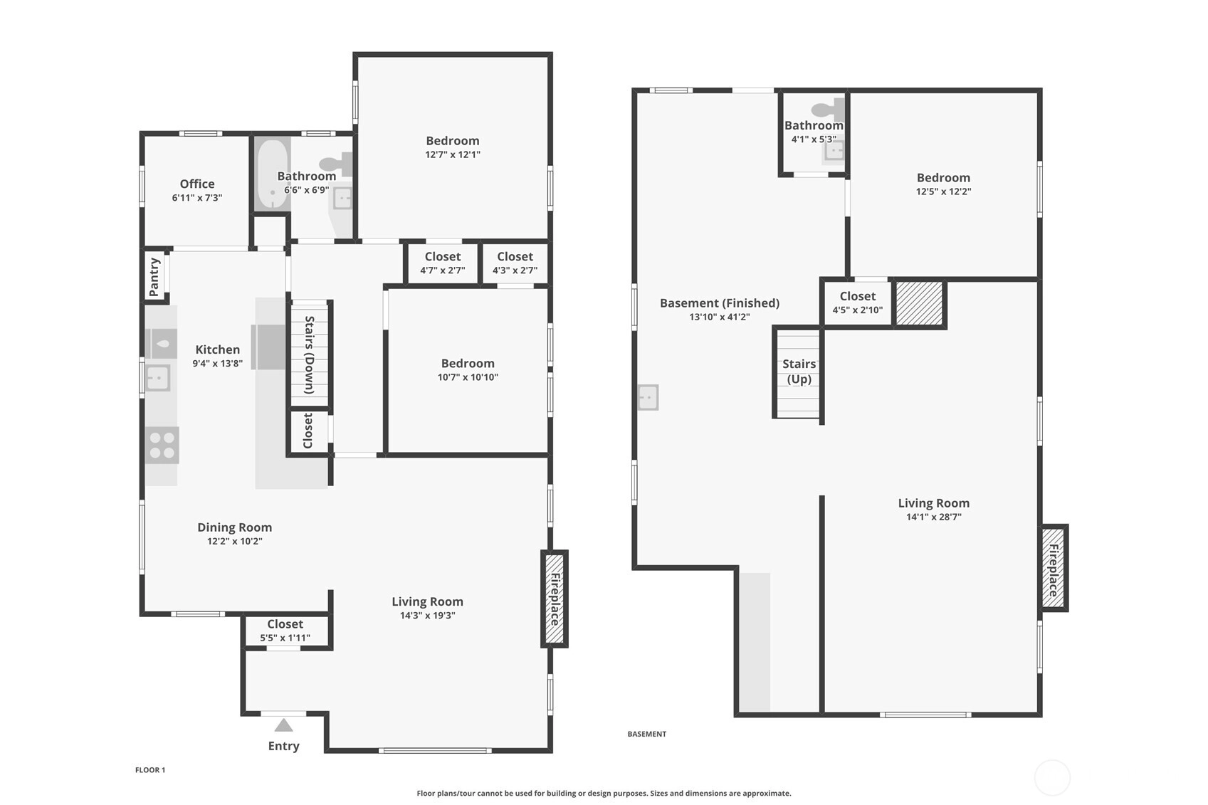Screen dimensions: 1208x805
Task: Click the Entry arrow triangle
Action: (x=283, y=725)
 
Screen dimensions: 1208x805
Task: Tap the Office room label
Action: (x=197, y=184)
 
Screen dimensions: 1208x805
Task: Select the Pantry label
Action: (x=154, y=277)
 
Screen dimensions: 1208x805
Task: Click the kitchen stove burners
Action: (x=162, y=446)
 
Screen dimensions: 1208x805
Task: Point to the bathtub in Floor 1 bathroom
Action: (x=273, y=174)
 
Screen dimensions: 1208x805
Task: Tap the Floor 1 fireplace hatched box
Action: (x=555, y=599)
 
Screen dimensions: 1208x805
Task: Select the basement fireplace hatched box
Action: (x=1054, y=568)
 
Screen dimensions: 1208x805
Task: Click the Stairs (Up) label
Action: (x=799, y=372)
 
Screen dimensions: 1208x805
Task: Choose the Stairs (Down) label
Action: (x=310, y=354)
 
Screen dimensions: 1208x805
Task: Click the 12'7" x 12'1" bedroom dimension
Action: (x=453, y=154)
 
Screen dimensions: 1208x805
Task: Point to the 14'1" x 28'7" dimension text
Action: (x=933, y=517)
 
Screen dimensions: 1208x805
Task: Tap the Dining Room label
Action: (x=235, y=527)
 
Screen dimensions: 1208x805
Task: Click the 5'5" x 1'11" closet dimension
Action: (x=285, y=638)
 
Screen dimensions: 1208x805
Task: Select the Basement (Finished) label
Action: (x=720, y=303)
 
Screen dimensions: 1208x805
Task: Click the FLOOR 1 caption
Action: (x=150, y=770)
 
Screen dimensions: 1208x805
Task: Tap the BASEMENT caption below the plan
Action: (x=646, y=734)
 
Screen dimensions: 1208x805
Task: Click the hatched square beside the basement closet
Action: (x=920, y=303)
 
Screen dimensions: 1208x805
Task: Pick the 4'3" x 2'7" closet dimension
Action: (x=515, y=270)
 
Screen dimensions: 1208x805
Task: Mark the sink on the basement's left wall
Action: (x=648, y=397)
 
